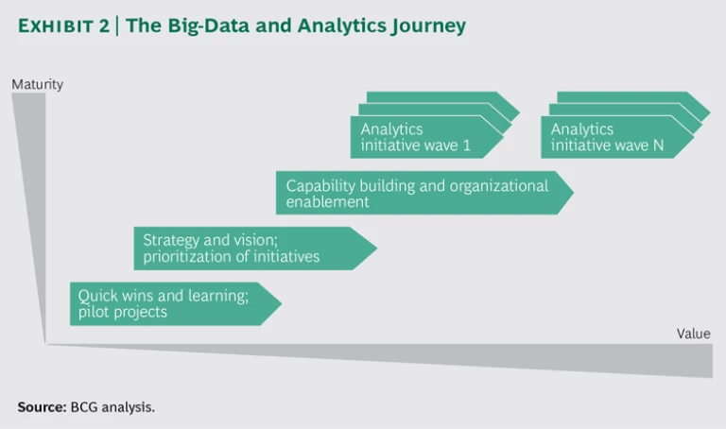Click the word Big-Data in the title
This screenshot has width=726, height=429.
(203, 26)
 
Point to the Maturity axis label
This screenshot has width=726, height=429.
(38, 84)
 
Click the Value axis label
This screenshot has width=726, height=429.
(693, 334)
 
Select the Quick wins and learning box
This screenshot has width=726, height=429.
(170, 303)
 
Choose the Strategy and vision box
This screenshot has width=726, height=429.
(251, 249)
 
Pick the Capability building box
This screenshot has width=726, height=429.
(421, 193)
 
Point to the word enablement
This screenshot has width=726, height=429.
(327, 201)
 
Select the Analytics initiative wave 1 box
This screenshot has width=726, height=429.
(425, 138)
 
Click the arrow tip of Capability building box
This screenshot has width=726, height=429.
(571, 193)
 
